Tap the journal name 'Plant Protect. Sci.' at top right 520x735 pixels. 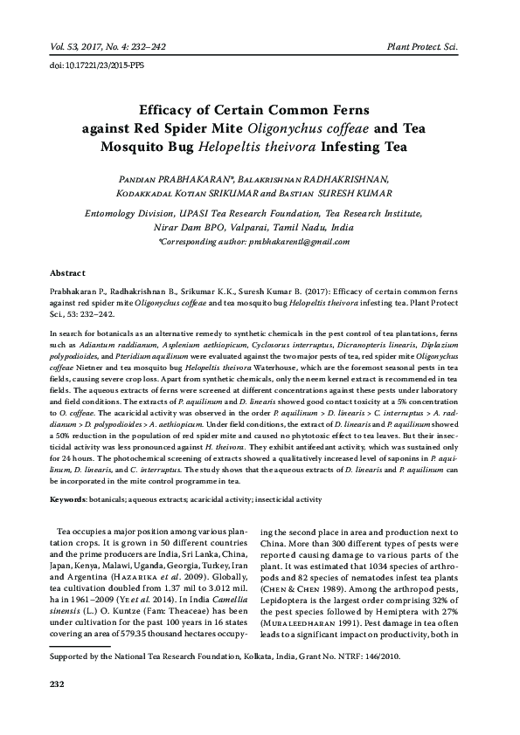click(x=433, y=45)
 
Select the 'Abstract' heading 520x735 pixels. click(x=66, y=272)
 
